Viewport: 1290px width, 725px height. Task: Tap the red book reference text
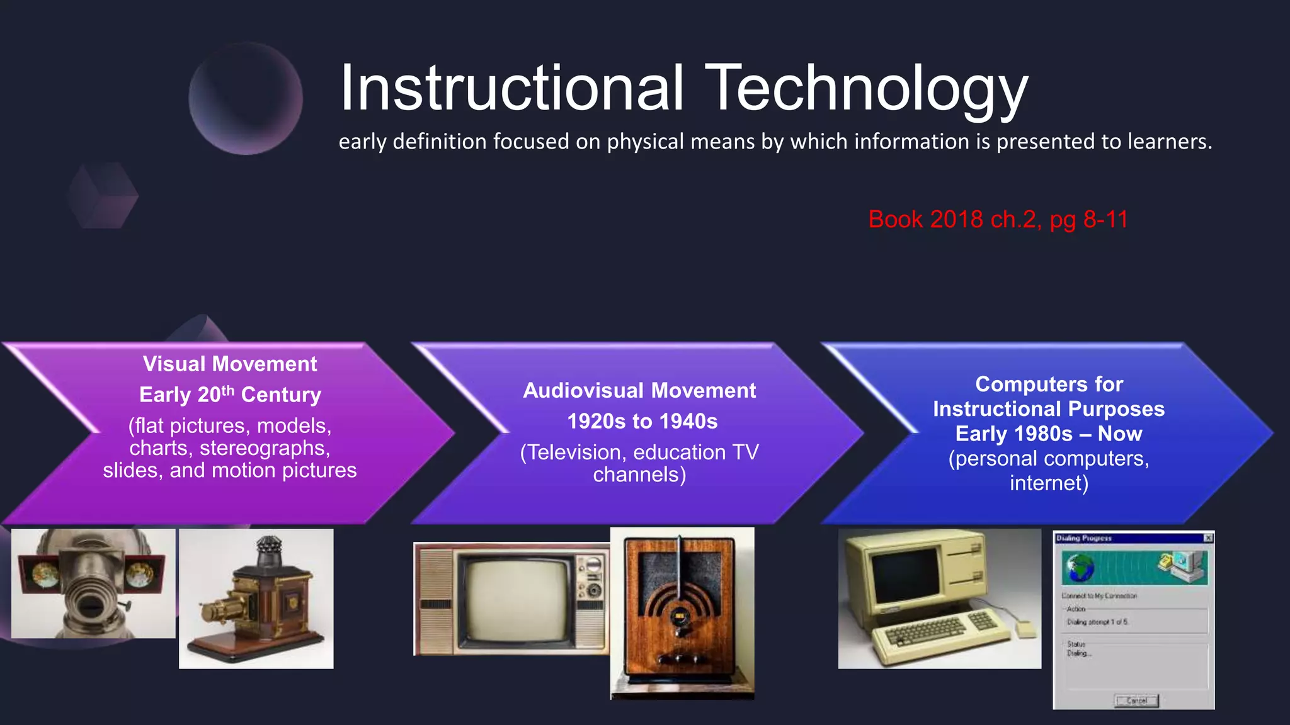coord(998,220)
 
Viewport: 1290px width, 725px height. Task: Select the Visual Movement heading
coord(230,364)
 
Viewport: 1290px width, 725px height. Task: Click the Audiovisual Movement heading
coord(639,390)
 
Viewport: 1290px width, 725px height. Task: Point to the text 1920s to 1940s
coord(642,421)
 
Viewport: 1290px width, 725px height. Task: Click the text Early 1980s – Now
coord(1048,434)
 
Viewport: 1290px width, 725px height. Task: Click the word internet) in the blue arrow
coord(1049,483)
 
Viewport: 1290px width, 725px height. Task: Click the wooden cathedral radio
coord(681,614)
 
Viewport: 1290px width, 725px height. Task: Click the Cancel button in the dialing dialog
coord(1136,700)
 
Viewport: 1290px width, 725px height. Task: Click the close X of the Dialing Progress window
coord(1208,538)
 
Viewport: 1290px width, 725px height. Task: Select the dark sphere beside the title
coord(246,98)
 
